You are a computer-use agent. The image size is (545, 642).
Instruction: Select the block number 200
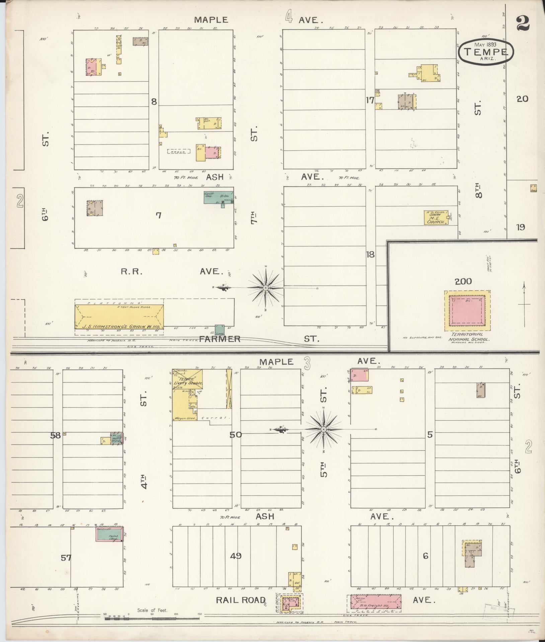(463, 282)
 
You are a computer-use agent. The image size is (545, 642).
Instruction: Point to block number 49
(236, 556)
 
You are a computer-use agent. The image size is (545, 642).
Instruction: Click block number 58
(56, 435)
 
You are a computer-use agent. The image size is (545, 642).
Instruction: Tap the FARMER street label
(220, 339)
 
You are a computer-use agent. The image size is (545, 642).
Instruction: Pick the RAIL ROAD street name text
(240, 600)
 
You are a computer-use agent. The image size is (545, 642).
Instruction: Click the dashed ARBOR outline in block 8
(179, 151)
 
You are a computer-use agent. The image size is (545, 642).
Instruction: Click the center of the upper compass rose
(265, 288)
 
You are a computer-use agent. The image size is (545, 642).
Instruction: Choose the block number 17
(370, 100)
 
